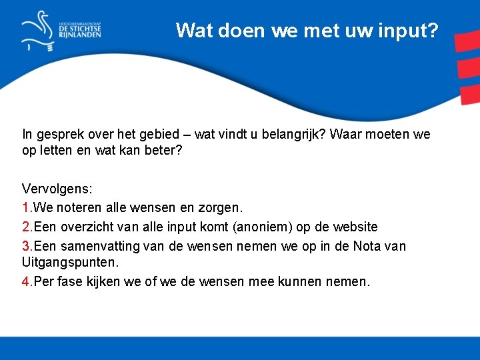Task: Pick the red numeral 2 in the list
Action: click(25, 227)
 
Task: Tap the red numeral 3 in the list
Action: click(25, 246)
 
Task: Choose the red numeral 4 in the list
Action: click(25, 281)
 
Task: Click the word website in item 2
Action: click(354, 227)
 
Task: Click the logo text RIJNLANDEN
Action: click(80, 35)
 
